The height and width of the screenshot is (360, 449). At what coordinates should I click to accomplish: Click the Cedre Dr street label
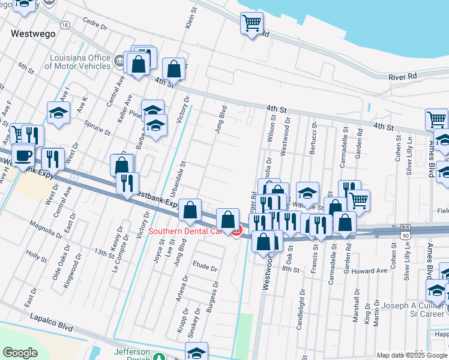(x=95, y=26)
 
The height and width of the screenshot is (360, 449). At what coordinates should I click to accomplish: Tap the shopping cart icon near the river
(x=252, y=24)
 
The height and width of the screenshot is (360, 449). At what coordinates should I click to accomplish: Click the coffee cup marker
(x=23, y=155)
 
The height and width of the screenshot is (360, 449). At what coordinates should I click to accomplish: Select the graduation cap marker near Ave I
(x=58, y=112)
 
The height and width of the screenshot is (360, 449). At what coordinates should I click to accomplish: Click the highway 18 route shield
(x=65, y=25)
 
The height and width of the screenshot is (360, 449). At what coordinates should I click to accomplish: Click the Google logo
(x=20, y=353)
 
